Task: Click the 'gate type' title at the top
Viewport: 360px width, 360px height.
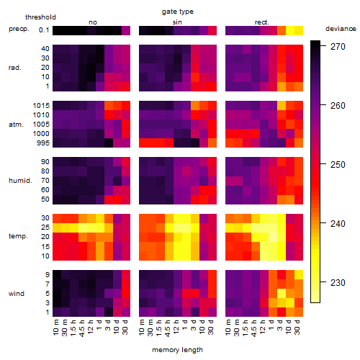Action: pos(178,12)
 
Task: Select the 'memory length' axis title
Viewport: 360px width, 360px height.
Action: pos(177,350)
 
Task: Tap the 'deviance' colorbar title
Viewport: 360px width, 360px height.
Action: pos(341,29)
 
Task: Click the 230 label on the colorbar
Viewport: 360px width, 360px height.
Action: pos(338,282)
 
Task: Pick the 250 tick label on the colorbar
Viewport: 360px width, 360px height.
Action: pos(338,165)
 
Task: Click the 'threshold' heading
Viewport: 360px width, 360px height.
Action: pos(40,17)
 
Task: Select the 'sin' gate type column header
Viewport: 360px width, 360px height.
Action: pos(177,22)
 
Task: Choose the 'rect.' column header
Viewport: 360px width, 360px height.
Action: pos(261,22)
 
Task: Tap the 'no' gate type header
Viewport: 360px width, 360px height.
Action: pos(93,22)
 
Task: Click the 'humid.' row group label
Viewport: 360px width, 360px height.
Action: pos(20,181)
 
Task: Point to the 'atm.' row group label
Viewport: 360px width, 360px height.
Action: pos(16,125)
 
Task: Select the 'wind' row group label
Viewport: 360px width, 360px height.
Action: pos(17,294)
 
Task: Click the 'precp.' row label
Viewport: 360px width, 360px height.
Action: pos(19,30)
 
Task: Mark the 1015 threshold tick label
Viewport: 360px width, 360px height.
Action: pos(41,106)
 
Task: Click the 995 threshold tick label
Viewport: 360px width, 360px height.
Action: pos(43,143)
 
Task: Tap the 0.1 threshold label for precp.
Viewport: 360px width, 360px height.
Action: pos(44,30)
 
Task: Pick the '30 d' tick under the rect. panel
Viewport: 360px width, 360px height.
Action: pos(297,328)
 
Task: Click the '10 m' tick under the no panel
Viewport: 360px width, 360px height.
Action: pos(55,328)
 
